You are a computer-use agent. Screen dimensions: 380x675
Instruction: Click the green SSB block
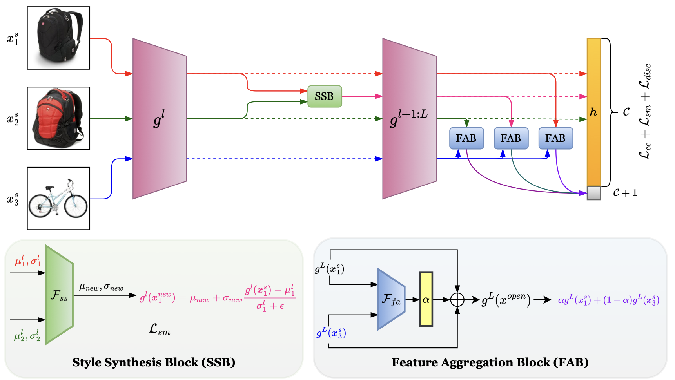point(325,96)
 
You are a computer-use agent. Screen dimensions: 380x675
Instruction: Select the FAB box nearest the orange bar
point(555,138)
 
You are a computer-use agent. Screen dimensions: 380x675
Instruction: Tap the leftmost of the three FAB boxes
point(466,138)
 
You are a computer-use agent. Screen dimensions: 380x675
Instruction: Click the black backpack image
point(58,38)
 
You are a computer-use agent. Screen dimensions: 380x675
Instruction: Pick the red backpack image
point(58,118)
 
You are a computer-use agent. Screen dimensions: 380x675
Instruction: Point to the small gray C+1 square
point(593,193)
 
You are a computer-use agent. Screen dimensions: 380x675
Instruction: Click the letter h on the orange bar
point(593,112)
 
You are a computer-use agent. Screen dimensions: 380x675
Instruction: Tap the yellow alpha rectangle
point(426,300)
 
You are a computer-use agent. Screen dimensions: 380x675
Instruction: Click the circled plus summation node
point(457,300)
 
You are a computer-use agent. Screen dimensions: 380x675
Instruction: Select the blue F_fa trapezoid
point(390,300)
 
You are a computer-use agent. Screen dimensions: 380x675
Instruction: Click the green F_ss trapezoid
point(59,295)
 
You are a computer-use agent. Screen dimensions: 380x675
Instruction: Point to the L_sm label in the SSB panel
point(160,329)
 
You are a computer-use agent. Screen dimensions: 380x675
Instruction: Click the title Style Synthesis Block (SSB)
point(154,362)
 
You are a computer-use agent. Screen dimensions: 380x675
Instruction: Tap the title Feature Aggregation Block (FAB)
point(490,362)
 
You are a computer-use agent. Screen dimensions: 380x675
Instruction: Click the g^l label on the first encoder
point(159,119)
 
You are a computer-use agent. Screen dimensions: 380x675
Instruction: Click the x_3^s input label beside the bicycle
point(13,199)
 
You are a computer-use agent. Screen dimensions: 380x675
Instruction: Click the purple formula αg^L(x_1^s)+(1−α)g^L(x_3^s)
point(608,300)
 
